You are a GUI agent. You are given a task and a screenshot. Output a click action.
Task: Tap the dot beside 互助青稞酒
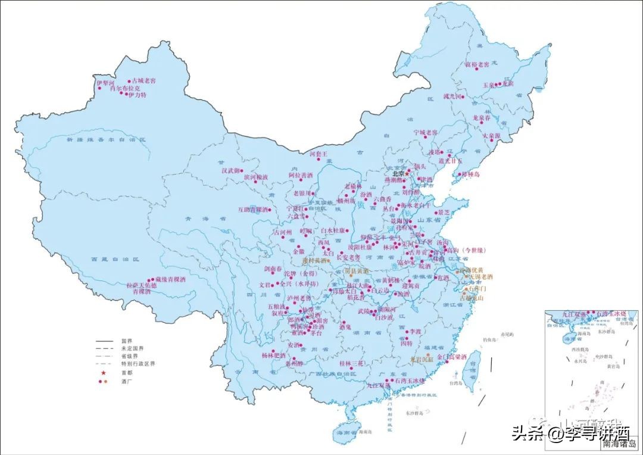coord(269,210)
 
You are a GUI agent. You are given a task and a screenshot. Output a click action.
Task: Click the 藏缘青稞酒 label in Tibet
coord(171,279)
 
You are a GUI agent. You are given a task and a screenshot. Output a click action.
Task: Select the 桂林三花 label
coord(351,363)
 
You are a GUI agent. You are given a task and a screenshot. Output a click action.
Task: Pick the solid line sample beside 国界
coord(104,341)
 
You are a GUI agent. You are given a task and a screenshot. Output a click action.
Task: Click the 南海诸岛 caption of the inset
coord(615,444)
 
